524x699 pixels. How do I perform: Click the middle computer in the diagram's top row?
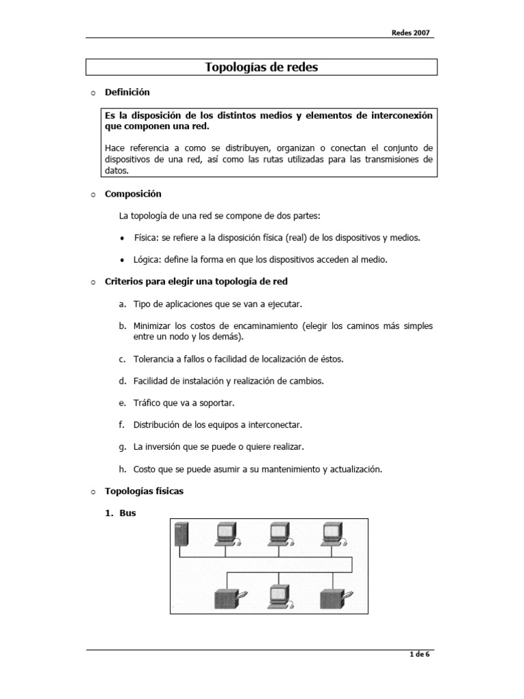point(280,534)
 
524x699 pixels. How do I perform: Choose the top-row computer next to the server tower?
point(227,534)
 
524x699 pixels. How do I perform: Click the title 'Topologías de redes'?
point(261,67)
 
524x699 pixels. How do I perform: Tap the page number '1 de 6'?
point(420,655)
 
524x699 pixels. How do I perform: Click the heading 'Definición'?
point(127,91)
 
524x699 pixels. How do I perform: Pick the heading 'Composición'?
point(133,194)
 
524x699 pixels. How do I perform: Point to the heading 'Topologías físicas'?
point(144,491)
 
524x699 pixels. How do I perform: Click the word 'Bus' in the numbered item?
point(128,513)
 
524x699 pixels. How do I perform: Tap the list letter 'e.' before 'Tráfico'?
point(122,403)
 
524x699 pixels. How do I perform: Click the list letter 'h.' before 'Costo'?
point(122,469)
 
